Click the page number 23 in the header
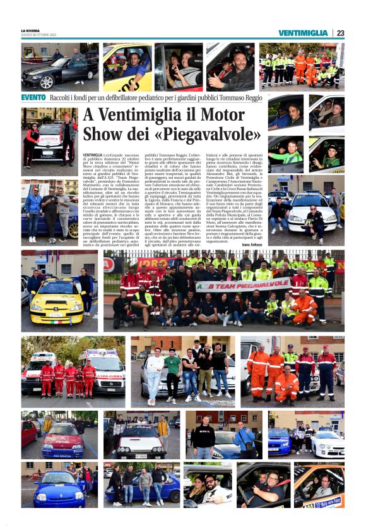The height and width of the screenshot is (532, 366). click(x=340, y=33)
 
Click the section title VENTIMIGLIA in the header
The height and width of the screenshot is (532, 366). click(x=302, y=33)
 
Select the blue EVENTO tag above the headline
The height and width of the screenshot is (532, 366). click(x=33, y=98)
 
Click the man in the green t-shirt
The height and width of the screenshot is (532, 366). click(x=173, y=373)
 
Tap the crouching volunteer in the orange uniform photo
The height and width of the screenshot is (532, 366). click(x=286, y=385)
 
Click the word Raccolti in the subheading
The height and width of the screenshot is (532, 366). click(x=64, y=98)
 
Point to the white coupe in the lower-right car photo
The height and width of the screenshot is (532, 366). click(x=328, y=444)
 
